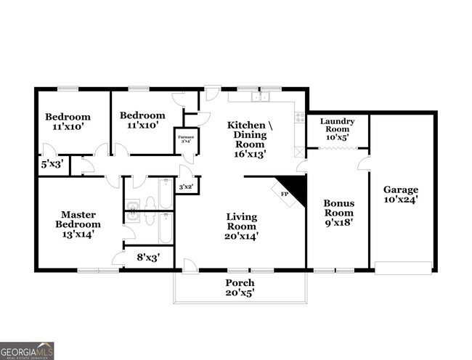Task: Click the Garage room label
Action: (x=401, y=190)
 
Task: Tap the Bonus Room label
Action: (x=338, y=208)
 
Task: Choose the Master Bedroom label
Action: (x=78, y=219)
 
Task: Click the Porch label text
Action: (x=240, y=283)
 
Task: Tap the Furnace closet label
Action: (x=185, y=139)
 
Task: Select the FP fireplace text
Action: (x=284, y=195)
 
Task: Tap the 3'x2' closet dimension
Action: (x=186, y=187)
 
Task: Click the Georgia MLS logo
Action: (x=27, y=350)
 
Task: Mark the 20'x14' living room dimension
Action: (x=242, y=235)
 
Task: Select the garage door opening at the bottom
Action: (x=403, y=268)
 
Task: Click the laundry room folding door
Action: (x=337, y=149)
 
